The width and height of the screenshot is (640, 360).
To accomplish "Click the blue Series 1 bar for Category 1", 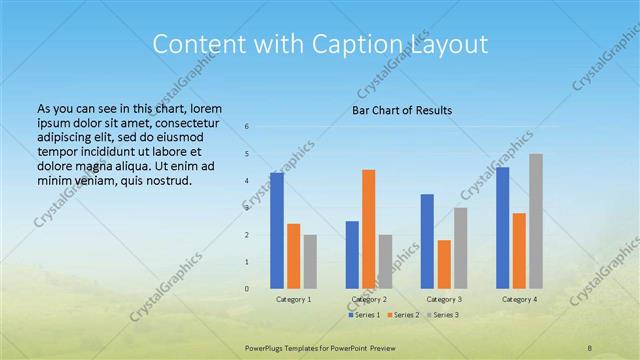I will coord(276,230).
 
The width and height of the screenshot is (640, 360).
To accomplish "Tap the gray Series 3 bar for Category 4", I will coord(536,221).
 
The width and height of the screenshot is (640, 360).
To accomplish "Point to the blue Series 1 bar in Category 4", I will coord(502,227).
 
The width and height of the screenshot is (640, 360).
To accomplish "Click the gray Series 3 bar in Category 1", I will coord(310,261).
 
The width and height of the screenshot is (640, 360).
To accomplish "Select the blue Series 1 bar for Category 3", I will coord(427,241).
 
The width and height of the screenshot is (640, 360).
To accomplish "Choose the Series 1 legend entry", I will coord(363,315).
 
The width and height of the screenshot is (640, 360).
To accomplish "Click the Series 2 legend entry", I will coord(401,315).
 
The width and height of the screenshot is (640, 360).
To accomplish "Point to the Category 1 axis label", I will coord(294,299).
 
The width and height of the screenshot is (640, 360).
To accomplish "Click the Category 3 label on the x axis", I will coord(444,299).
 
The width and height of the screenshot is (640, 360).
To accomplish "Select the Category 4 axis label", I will coord(519,299).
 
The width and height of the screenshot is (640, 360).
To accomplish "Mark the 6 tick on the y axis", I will coord(247,127).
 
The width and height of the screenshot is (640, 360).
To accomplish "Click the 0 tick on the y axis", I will coord(247,288).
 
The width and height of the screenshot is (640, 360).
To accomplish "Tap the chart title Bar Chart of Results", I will coord(403,109).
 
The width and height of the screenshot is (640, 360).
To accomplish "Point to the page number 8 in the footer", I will coord(590,346).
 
